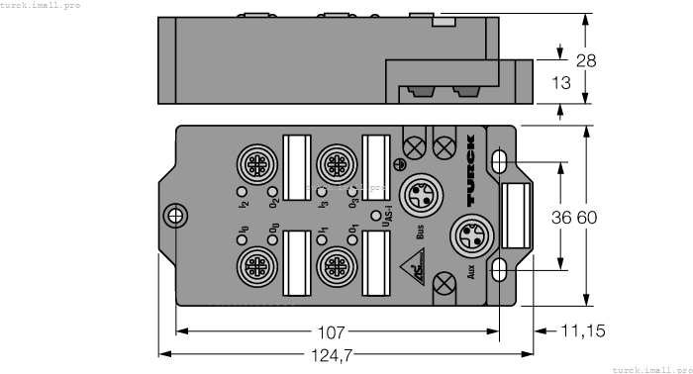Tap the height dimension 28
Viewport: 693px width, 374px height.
pyautogui.click(x=586, y=61)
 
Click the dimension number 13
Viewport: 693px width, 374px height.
pyautogui.click(x=559, y=84)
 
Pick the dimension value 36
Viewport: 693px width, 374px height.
pyautogui.click(x=561, y=217)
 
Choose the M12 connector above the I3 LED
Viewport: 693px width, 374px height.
pyautogui.click(x=333, y=160)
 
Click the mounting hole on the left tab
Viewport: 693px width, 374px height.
pyautogui.click(x=175, y=215)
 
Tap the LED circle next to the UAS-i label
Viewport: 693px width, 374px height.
pyautogui.click(x=374, y=215)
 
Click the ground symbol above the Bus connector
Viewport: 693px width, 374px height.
pyautogui.click(x=399, y=164)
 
